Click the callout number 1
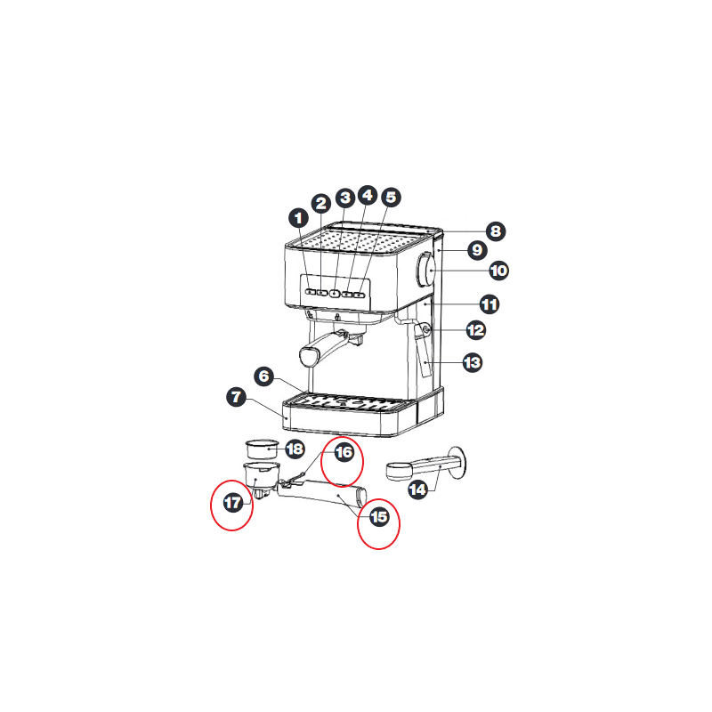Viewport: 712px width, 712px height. pyautogui.click(x=298, y=218)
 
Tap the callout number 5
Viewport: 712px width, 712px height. pyautogui.click(x=391, y=198)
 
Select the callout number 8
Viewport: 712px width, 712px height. pyautogui.click(x=496, y=231)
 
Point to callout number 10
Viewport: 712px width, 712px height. pyautogui.click(x=498, y=271)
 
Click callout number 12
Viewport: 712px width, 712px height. pyautogui.click(x=476, y=330)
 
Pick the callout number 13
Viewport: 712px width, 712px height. pyautogui.click(x=473, y=363)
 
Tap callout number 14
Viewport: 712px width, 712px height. pyautogui.click(x=417, y=489)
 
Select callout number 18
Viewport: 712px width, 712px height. pyautogui.click(x=295, y=449)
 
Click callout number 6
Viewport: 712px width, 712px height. pyautogui.click(x=263, y=376)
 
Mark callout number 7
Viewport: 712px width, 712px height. pyautogui.click(x=236, y=397)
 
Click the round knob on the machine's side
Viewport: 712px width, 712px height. pyautogui.click(x=425, y=270)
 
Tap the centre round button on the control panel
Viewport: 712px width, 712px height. pyautogui.click(x=335, y=294)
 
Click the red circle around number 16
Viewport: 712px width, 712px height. pyautogui.click(x=342, y=461)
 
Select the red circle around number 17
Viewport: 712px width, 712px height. pyautogui.click(x=231, y=505)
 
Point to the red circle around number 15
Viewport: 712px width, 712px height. pyautogui.click(x=378, y=524)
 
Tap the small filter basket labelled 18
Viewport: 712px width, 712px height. pyautogui.click(x=262, y=449)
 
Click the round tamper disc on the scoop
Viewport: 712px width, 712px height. pyautogui.click(x=457, y=462)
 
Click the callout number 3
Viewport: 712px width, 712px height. pyautogui.click(x=345, y=198)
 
